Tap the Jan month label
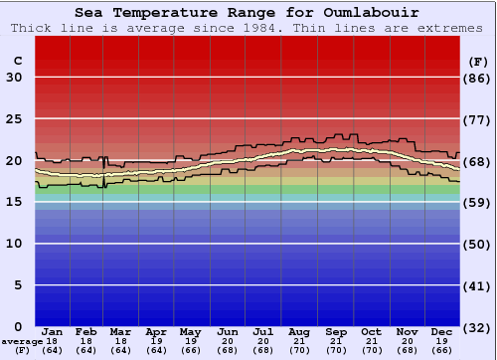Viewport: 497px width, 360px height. coord(53,331)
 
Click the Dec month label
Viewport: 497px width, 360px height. coord(442,331)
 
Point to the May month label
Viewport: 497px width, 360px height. coord(190,331)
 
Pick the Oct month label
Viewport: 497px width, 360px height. coord(371,331)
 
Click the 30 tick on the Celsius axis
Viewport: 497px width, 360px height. coord(14,78)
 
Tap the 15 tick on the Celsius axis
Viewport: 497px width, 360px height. coord(14,202)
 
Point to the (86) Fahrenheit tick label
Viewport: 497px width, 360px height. coord(477,78)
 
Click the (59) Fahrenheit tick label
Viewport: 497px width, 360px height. coord(477,202)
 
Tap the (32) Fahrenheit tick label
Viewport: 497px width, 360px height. coord(477,326)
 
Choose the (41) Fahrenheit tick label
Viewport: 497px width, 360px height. coord(477,285)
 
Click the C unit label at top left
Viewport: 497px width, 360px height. coord(17,61)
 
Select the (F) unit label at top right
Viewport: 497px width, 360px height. coord(476,61)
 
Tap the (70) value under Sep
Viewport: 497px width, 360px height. coord(335,350)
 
